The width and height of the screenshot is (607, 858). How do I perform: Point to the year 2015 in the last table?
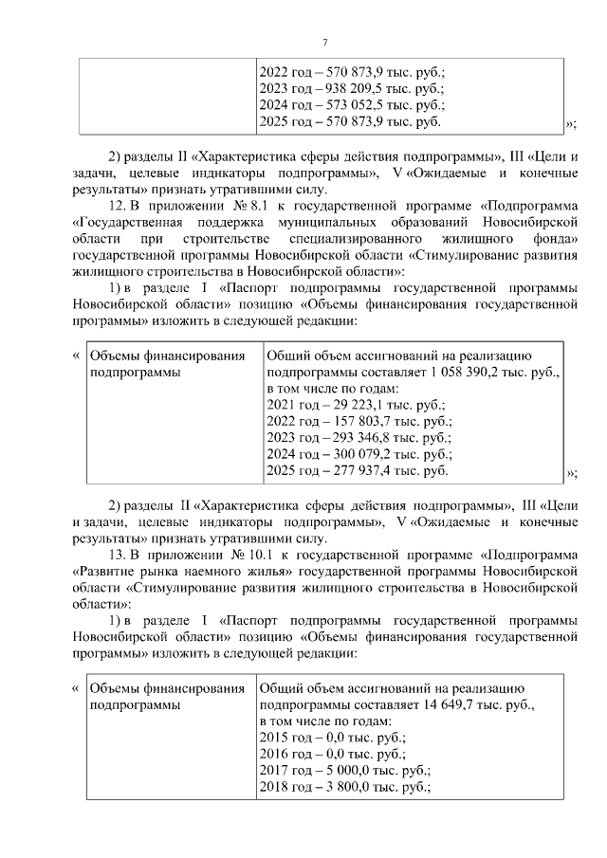click(275, 739)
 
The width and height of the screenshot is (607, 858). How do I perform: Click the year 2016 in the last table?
click(275, 755)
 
